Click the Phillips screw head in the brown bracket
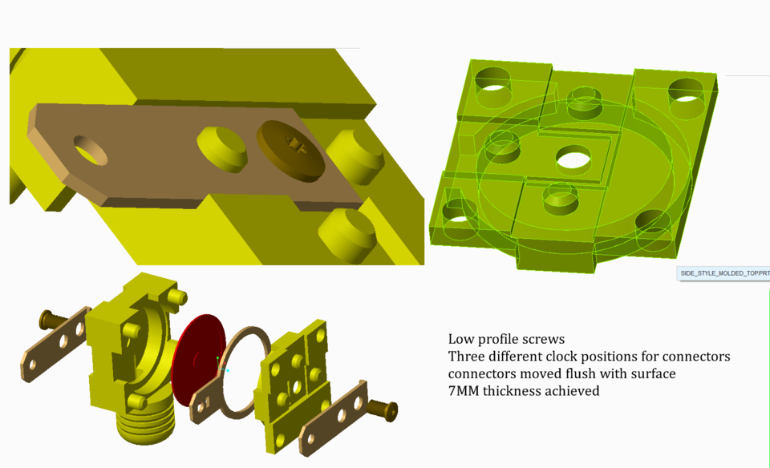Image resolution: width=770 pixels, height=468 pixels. [x=292, y=149]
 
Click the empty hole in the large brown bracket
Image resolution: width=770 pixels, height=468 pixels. [x=90, y=150]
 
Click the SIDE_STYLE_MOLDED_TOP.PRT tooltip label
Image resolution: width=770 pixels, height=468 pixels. [x=723, y=273]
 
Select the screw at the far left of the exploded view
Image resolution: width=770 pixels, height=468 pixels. [x=49, y=321]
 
